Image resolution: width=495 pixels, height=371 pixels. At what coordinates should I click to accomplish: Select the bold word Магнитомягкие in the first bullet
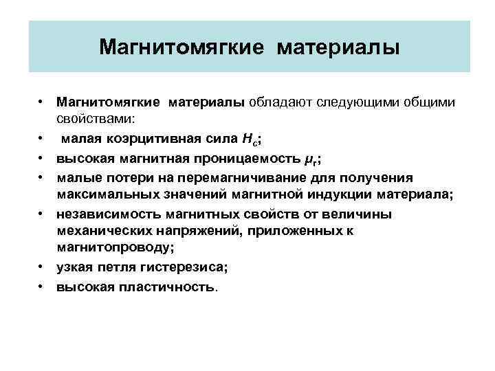point(109,102)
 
